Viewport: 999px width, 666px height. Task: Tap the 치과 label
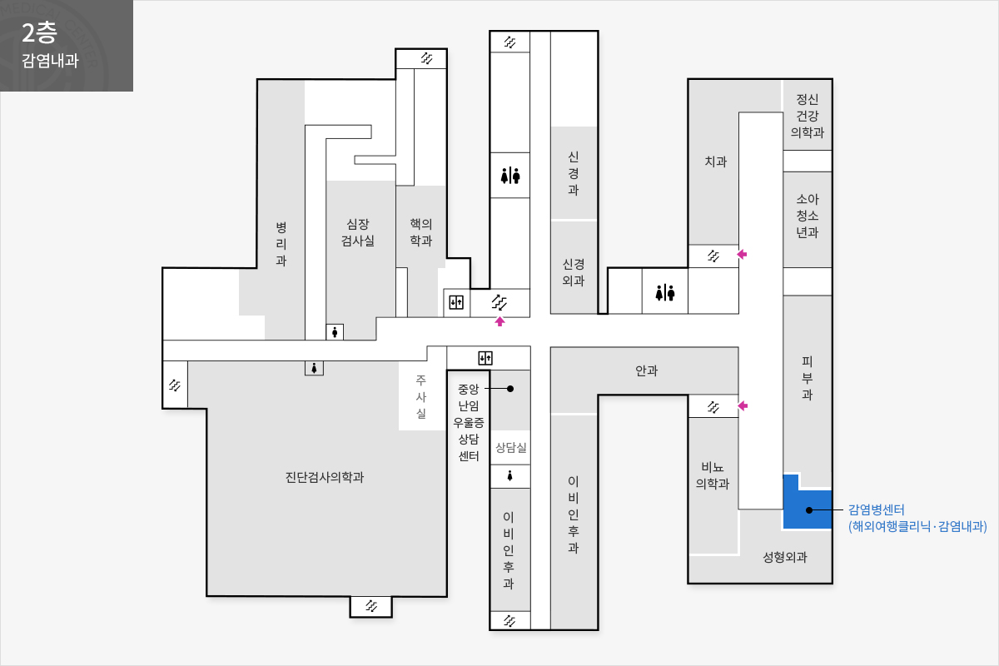(715, 162)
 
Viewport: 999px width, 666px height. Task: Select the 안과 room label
(646, 370)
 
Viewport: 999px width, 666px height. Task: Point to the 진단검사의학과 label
(324, 477)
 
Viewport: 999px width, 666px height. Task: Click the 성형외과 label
(785, 557)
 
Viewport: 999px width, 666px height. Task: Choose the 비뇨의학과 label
(713, 475)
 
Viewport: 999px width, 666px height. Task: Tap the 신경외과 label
(573, 272)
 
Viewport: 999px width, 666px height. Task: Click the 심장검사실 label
(358, 232)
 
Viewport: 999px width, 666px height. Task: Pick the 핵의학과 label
(421, 232)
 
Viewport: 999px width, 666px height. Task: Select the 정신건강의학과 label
(808, 116)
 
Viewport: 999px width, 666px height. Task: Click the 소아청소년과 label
(808, 216)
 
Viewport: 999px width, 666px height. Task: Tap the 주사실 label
(421, 396)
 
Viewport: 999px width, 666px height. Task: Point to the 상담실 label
(510, 447)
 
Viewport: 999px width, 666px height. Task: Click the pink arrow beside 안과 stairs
(743, 406)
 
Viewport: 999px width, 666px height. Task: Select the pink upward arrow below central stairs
(499, 321)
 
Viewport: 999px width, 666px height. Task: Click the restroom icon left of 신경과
(510, 176)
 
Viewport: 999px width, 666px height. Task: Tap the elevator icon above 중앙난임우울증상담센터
(485, 358)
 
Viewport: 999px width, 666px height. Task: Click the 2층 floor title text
(39, 33)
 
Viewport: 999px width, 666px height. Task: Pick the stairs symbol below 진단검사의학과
(371, 606)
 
